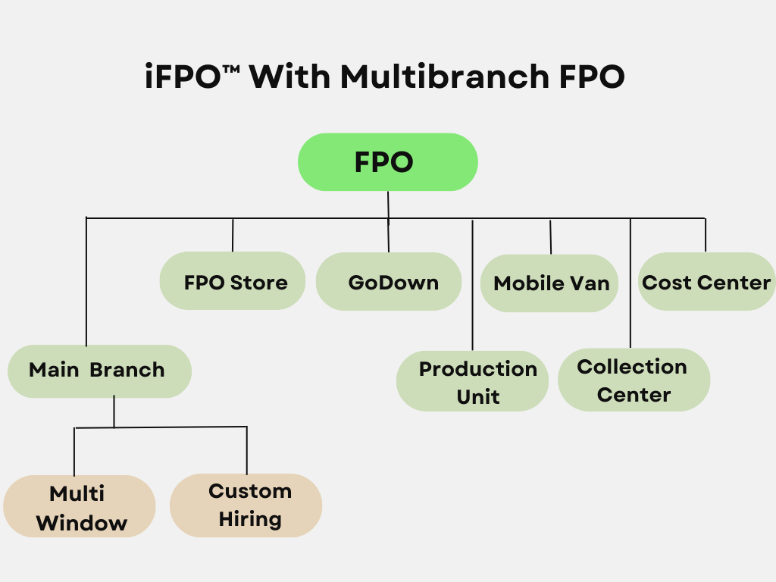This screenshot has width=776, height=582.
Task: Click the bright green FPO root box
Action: (387, 162)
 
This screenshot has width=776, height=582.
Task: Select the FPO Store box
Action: (233, 281)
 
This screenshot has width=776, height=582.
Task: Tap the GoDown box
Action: (389, 282)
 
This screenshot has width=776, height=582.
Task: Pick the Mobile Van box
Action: (550, 283)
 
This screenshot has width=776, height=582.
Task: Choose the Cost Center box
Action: (706, 282)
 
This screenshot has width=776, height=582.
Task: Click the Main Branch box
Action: (99, 371)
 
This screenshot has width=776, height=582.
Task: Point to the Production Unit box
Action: (472, 381)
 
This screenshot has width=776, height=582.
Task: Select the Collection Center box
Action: (634, 380)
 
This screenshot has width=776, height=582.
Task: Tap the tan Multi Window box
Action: (80, 507)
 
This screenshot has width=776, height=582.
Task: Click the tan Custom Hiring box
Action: (246, 505)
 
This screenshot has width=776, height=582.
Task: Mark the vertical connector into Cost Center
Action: (706, 235)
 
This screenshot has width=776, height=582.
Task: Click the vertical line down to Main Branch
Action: (86, 281)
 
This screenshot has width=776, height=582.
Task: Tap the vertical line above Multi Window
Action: (74, 452)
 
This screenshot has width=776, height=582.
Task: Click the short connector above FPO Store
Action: (233, 235)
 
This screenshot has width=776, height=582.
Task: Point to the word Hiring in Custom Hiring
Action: (250, 519)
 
